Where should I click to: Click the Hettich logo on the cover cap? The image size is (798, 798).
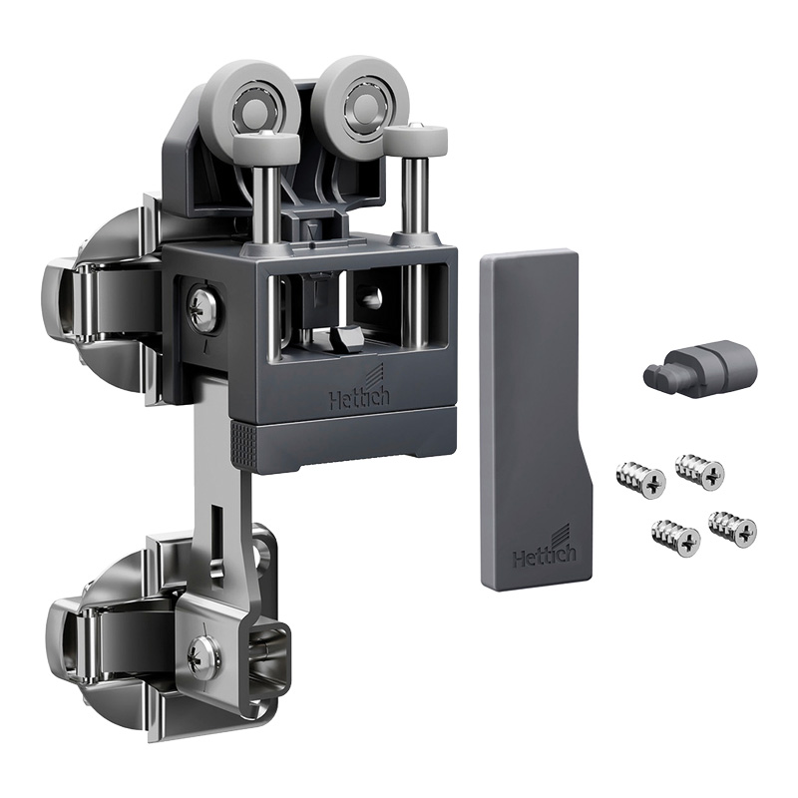[x=545, y=551]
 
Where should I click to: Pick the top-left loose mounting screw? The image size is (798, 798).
[x=640, y=480]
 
